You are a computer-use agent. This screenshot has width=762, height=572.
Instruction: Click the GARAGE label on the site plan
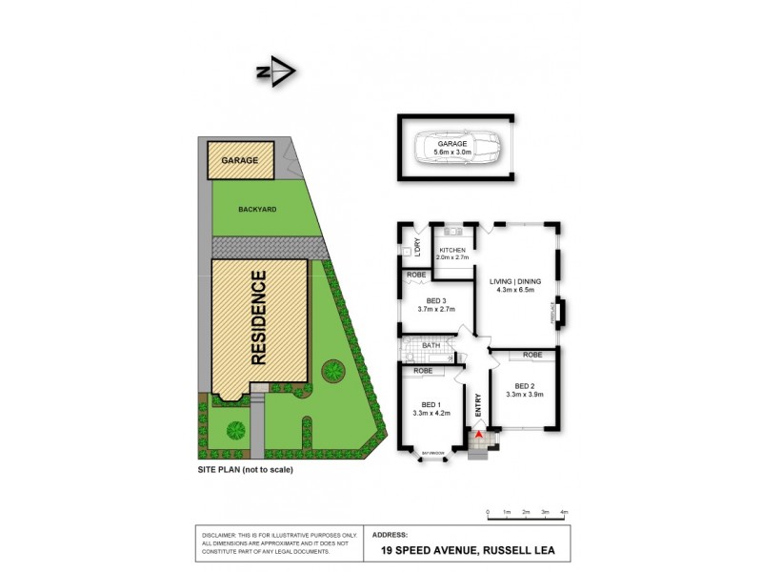[240, 161]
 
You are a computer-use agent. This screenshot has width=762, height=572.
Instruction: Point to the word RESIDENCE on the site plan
[259, 318]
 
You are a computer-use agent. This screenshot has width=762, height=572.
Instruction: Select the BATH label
[431, 345]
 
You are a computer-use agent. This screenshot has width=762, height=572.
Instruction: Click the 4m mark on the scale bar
[565, 512]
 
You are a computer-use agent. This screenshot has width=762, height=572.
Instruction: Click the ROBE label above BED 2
[532, 355]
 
